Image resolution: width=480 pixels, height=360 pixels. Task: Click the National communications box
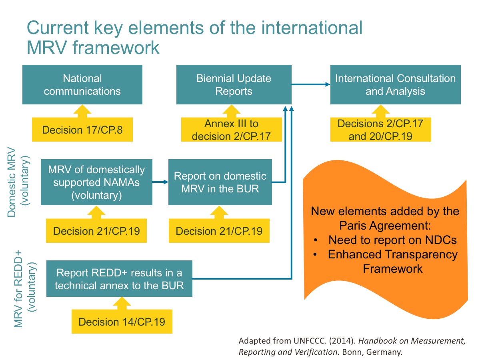click(82, 85)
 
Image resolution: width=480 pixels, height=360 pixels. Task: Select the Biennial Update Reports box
click(234, 85)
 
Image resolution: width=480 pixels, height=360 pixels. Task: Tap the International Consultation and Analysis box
click(395, 85)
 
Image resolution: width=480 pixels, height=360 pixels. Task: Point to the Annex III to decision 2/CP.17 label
click(231, 130)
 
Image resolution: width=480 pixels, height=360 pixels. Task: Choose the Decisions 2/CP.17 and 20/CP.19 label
click(380, 130)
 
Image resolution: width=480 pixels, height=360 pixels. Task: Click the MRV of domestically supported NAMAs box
click(96, 182)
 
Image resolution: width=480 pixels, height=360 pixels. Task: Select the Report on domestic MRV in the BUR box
click(220, 182)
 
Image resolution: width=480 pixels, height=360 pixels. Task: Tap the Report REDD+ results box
click(119, 279)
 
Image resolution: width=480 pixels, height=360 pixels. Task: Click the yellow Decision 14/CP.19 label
click(122, 322)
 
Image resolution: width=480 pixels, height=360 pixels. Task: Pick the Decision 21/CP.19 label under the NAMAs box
click(96, 231)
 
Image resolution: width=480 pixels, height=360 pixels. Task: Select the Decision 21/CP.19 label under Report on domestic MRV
click(219, 231)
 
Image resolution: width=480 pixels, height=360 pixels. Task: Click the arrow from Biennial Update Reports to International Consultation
click(310, 84)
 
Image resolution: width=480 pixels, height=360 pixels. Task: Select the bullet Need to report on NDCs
click(392, 240)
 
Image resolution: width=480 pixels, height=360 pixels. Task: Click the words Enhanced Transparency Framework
click(392, 261)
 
